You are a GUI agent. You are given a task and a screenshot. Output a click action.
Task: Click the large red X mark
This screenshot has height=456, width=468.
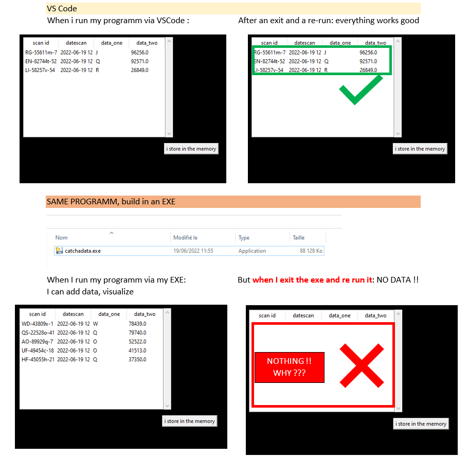[362, 366]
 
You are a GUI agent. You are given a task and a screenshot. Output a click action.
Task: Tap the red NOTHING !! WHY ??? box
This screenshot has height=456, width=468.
[289, 367]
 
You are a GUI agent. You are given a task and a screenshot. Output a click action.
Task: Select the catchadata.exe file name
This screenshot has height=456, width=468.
[82, 251]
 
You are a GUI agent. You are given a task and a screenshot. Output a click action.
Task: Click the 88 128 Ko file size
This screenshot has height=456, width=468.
[311, 251]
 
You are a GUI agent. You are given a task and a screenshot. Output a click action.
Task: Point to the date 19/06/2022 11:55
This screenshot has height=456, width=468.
[193, 251]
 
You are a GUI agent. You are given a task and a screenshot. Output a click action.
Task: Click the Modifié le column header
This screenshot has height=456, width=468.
[185, 238]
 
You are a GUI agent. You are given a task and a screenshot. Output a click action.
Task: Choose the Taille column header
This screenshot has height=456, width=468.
[298, 238]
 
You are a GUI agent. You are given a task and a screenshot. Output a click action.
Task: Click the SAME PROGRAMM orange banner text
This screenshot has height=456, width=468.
[111, 202]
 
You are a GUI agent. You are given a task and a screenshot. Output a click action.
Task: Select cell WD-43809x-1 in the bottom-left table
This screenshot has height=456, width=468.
[37, 324]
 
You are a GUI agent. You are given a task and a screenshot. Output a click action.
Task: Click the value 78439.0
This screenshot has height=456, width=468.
[137, 324]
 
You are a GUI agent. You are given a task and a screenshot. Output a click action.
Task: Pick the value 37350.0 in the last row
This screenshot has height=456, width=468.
[137, 359]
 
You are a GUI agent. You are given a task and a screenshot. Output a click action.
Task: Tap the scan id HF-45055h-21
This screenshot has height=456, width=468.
[38, 359]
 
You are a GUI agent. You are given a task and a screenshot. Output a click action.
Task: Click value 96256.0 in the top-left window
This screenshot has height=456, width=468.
[139, 52]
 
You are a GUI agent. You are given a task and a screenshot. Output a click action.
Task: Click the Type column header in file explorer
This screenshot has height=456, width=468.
[244, 238]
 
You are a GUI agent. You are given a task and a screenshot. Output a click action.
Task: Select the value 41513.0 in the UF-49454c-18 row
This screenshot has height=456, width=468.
[137, 350]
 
